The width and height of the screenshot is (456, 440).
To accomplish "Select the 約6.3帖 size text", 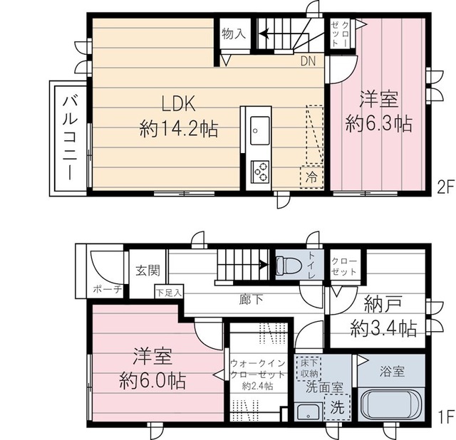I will coord(378,122).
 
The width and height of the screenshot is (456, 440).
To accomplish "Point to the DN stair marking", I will coord(309,62).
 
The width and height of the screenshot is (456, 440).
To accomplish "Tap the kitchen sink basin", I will coord(258,130).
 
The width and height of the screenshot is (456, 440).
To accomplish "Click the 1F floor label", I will coord(445,416).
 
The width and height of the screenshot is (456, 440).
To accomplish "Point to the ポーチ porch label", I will coord(107,289).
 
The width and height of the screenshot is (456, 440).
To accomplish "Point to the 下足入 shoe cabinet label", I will coord(169,292).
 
